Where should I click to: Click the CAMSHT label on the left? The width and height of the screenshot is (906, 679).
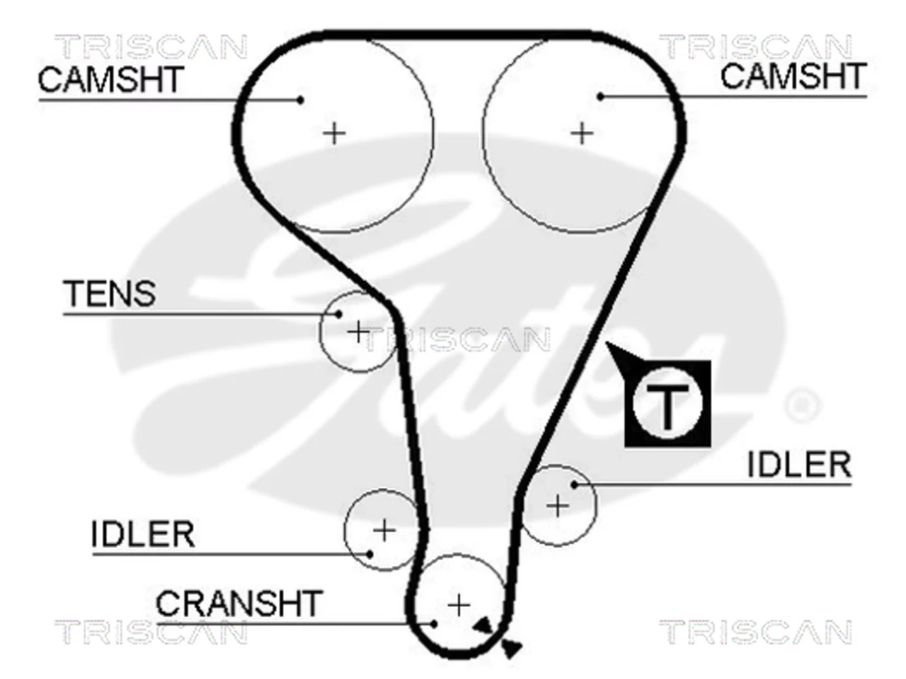pos(110,79)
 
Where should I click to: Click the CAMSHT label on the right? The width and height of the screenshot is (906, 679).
pos(793,76)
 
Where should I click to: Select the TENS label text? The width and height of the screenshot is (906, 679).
pos(110,294)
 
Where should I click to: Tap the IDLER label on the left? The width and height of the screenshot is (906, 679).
pos(142,534)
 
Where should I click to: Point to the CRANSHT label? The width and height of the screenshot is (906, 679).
pos(239,603)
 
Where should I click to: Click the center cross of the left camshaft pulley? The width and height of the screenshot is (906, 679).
pos(334,134)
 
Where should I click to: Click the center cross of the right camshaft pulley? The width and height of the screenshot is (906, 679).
pos(583,133)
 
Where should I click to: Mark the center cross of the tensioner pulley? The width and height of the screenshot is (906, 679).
pos(358,332)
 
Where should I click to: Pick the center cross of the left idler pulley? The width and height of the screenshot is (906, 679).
pos(384,530)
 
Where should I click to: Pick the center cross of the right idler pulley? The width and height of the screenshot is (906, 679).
pos(557,506)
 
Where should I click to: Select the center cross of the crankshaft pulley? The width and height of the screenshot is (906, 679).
pos(459,605)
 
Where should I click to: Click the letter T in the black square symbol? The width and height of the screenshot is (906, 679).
pos(667,407)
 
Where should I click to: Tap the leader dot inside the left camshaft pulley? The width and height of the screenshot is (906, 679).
pos(301,100)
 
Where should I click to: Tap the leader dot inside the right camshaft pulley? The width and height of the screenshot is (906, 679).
pos(601,97)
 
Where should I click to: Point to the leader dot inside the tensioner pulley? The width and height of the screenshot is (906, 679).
pos(338,315)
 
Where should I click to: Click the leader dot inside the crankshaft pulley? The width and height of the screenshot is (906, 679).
pos(433,624)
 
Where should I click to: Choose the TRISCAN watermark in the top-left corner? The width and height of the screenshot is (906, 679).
pos(151,47)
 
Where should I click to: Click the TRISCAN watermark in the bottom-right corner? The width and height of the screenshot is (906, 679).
pos(755,632)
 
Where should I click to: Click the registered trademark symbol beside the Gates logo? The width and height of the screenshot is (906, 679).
pos(803,406)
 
